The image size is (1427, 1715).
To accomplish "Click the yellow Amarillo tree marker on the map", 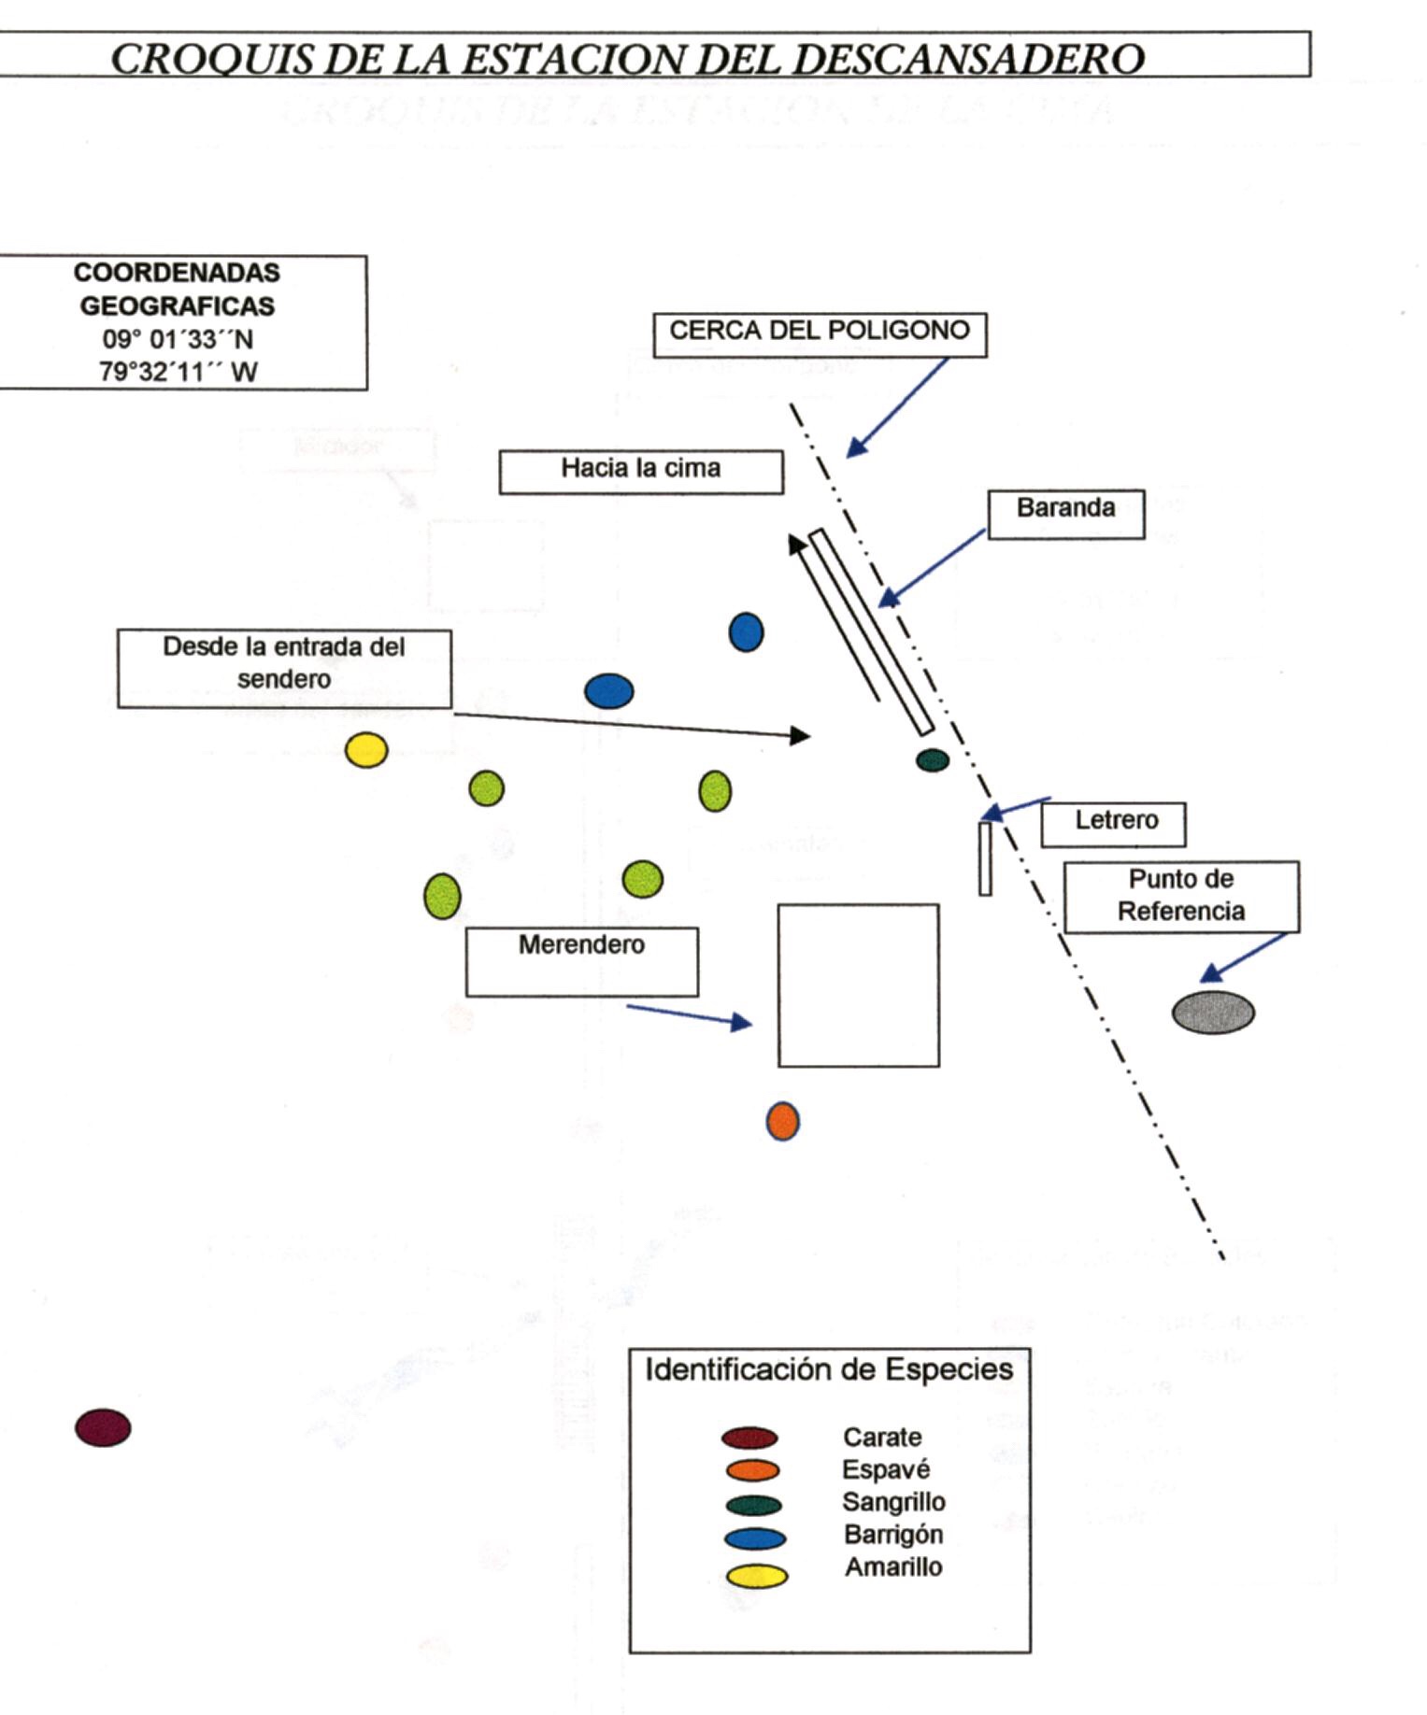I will click(x=366, y=750).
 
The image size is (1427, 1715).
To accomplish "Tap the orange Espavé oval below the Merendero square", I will click(x=782, y=1121).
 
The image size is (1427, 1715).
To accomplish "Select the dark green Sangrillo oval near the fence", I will click(x=932, y=760).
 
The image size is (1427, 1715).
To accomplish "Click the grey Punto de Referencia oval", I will click(x=1213, y=1013).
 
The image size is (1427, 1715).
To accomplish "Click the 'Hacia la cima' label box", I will click(x=641, y=471).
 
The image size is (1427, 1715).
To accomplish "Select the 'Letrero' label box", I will click(x=1114, y=823).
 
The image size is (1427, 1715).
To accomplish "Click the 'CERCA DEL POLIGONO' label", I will click(x=820, y=333).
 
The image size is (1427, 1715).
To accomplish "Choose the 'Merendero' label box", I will click(x=581, y=960).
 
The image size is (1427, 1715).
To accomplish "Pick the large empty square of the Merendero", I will click(x=858, y=985).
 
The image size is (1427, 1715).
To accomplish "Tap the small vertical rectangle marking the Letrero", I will click(x=985, y=858).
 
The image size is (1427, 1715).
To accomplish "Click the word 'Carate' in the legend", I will click(x=882, y=1438).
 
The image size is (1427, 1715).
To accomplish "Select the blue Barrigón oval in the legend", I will click(x=755, y=1538).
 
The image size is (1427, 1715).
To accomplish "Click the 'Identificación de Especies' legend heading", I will click(x=829, y=1370).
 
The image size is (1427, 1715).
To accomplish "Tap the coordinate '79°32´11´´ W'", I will click(x=178, y=373).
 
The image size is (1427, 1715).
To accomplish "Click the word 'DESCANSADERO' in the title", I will click(x=971, y=59).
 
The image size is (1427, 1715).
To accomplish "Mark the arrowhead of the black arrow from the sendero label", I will click(x=801, y=736).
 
